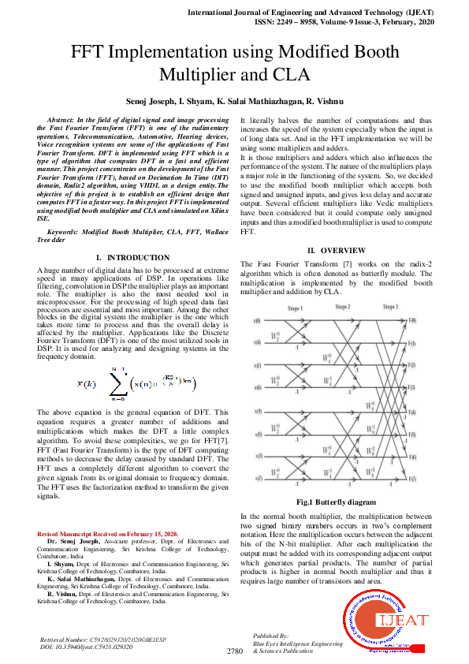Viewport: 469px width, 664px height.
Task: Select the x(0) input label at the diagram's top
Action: (x=258, y=321)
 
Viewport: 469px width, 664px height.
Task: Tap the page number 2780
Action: (x=234, y=651)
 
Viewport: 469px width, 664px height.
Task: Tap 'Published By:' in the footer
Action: (x=270, y=635)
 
